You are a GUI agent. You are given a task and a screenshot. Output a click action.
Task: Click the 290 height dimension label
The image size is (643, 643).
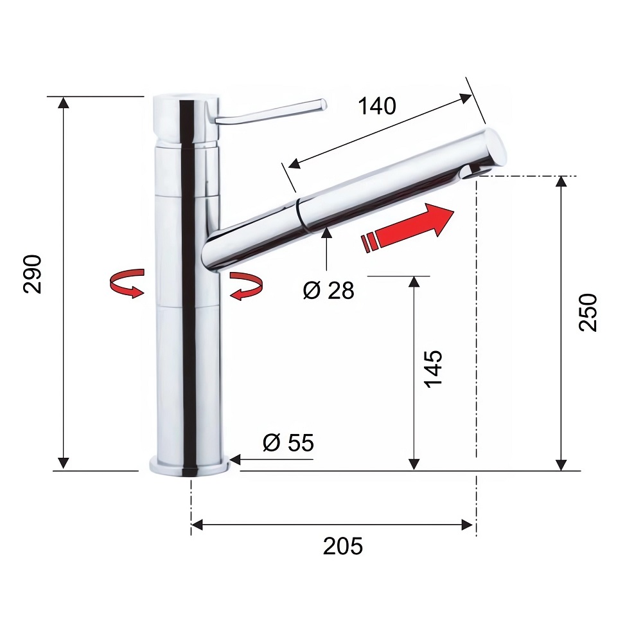click(33, 274)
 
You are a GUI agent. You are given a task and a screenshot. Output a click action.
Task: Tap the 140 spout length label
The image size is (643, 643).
click(377, 106)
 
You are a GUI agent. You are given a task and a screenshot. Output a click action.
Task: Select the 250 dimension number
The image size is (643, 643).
click(588, 312)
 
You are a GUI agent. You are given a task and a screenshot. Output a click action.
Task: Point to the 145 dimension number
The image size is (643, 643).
click(433, 368)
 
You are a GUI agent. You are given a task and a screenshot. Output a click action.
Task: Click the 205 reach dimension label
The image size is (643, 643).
click(343, 546)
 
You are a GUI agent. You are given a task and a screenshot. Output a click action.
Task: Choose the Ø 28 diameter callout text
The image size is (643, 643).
click(328, 291)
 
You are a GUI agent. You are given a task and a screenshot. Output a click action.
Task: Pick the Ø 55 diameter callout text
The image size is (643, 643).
click(288, 442)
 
